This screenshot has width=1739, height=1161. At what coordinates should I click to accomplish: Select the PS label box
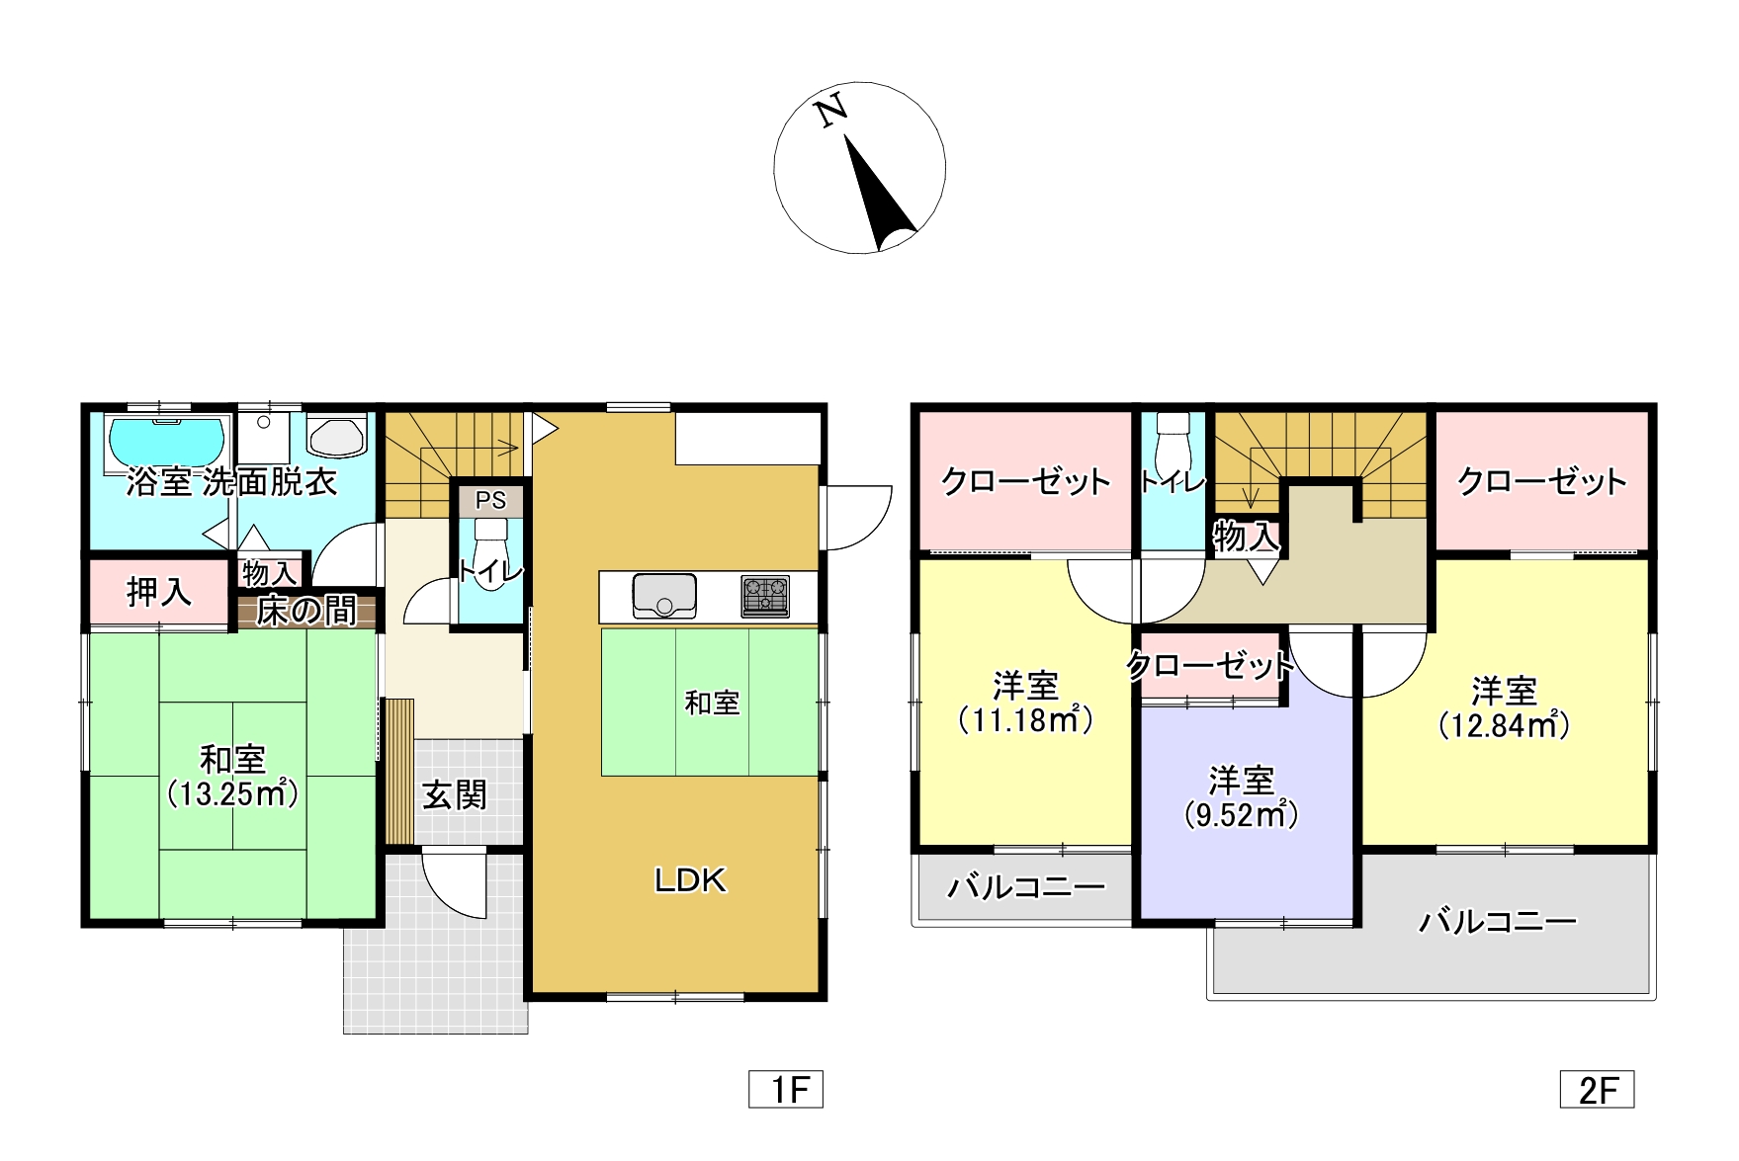pos(490,500)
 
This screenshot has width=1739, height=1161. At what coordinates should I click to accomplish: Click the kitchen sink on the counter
pos(663,595)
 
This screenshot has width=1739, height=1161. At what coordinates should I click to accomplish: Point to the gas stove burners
pos(766,597)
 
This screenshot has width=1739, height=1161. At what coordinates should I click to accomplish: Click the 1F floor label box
pos(786,1089)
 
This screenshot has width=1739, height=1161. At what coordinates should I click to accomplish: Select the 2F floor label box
pos(1598,1089)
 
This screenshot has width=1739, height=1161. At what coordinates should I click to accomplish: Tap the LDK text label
pos(690,879)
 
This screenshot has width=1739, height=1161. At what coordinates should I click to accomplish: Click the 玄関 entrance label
pos(455,794)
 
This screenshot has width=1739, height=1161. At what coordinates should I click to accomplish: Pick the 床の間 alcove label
pos(306,612)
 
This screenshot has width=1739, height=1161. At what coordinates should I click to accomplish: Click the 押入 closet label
pos(159,592)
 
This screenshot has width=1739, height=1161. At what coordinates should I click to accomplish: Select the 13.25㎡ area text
pos(233,793)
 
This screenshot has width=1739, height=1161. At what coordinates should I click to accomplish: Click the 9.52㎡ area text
pos(1242,815)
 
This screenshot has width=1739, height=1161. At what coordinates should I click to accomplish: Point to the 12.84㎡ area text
pos(1504,725)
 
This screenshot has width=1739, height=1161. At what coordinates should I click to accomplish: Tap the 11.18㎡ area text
pos(1026,719)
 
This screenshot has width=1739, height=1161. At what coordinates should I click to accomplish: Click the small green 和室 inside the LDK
pos(710,702)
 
